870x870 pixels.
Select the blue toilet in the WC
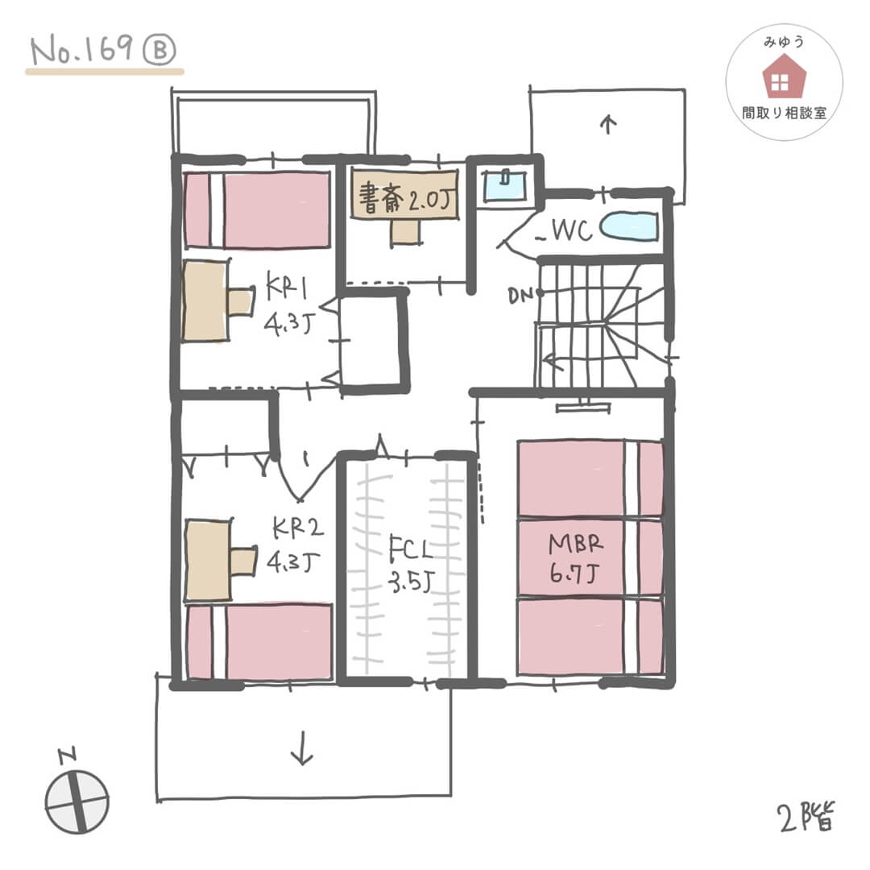629,227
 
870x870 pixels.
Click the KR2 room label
298,528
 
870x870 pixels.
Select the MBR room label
576,544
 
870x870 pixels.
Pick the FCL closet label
410,549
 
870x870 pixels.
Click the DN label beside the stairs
520,296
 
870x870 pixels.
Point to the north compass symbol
77,801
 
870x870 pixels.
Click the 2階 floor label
807,818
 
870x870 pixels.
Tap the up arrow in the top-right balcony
609,124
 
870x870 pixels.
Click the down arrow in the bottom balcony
302,748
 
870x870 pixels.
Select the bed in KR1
257,210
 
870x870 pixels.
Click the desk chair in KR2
243,561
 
